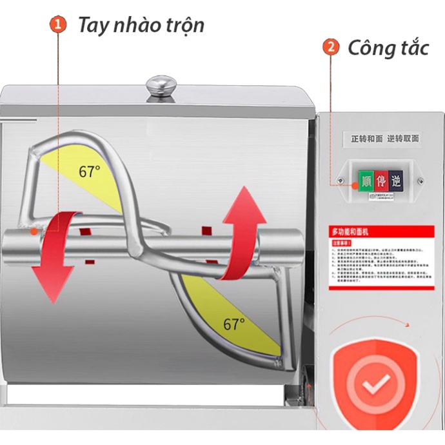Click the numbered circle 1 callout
click(59, 25)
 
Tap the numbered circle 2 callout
click(331, 47)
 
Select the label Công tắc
click(388, 47)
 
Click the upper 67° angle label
click(90, 172)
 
